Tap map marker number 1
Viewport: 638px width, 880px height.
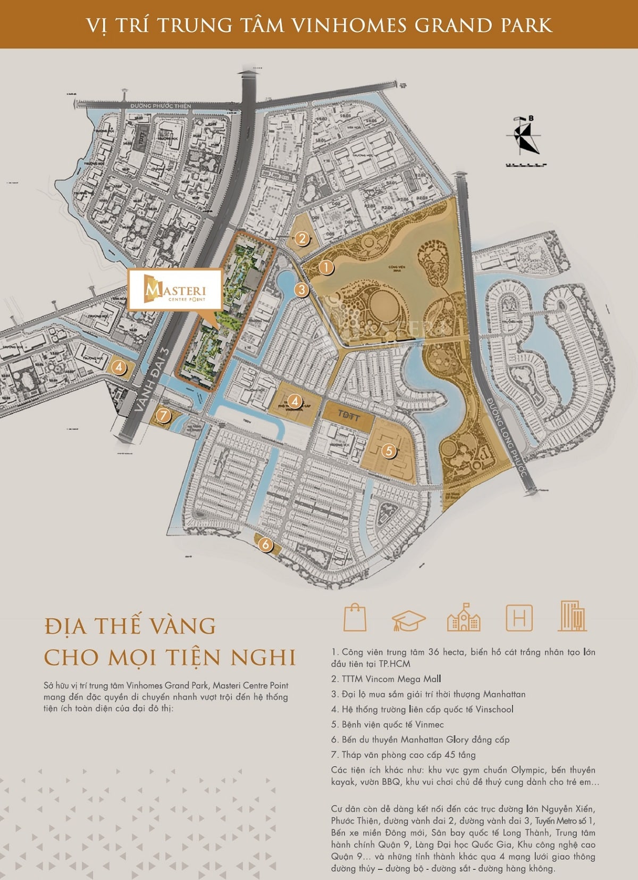pos(326,267)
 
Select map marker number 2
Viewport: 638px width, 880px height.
pos(302,238)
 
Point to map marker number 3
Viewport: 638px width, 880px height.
pos(301,290)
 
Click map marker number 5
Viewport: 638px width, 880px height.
pos(389,451)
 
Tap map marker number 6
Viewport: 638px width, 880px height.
pos(265,544)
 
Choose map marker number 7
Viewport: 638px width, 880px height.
pos(163,415)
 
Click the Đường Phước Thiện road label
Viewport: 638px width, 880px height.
pos(161,106)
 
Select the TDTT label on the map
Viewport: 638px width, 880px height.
pos(348,414)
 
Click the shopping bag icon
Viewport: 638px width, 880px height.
pos(355,617)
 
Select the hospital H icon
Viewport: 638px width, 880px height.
pos(519,618)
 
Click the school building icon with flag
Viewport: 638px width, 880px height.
pos(464,618)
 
